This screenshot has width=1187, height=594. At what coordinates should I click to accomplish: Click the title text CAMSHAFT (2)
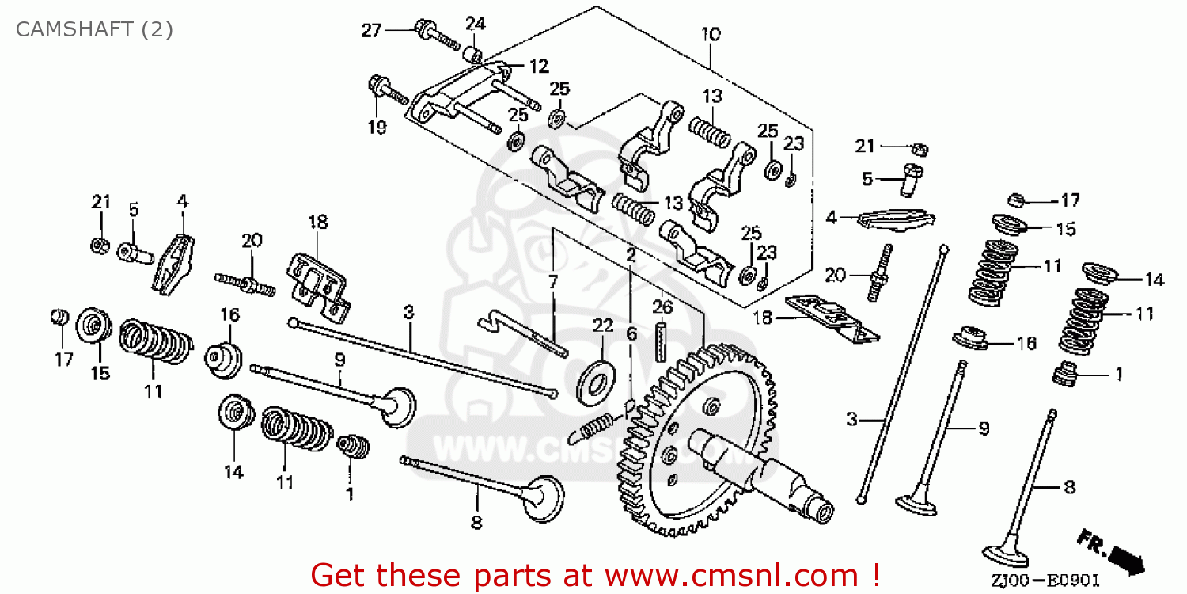point(94,30)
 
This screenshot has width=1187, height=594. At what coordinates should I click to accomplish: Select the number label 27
point(371,31)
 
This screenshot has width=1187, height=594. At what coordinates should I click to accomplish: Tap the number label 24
point(475,22)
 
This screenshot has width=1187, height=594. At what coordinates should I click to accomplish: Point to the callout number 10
point(710,35)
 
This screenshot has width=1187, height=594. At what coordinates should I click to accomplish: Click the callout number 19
point(377,127)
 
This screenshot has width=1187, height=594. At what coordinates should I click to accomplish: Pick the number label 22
point(602,326)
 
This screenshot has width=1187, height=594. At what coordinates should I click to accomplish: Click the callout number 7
point(552,281)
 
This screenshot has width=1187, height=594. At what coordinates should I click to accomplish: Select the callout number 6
point(631,334)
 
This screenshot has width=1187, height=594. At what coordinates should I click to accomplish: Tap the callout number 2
point(631,255)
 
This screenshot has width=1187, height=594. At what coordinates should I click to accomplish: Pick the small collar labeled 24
point(474,54)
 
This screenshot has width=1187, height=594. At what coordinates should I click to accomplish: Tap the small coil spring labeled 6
point(595,427)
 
